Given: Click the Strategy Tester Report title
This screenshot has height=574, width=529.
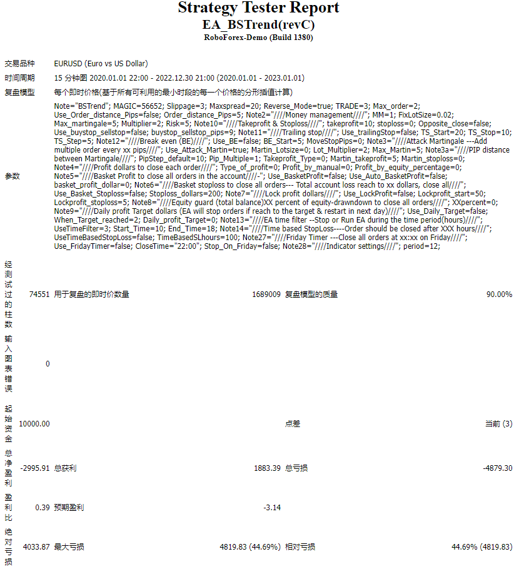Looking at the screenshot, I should (258, 8).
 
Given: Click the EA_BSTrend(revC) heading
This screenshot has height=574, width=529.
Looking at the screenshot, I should (258, 25).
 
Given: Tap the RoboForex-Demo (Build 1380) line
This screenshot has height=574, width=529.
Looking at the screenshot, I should (258, 38).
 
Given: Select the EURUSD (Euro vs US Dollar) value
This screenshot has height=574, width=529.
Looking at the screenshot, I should (101, 64).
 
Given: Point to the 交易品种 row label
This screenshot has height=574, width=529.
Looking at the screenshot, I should (19, 64).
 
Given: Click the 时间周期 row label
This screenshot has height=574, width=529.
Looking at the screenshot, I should (19, 78).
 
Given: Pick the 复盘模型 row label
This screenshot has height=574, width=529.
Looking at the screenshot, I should (19, 93).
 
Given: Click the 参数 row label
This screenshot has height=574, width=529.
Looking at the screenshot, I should (12, 176).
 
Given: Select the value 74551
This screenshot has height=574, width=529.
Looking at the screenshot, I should (39, 295).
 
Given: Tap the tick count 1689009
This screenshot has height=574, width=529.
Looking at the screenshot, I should (266, 295).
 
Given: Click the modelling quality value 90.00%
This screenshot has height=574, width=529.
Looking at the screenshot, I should (499, 295).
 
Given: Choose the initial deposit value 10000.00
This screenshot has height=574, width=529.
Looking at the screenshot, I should (34, 424).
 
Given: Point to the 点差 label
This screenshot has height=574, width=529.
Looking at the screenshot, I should (293, 424).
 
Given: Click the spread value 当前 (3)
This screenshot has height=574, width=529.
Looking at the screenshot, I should (498, 424).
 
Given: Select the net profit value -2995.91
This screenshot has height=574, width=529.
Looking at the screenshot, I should (34, 468).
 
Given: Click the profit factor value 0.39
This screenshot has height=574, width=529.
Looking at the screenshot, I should (43, 508).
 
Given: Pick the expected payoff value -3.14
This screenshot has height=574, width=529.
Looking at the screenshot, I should (272, 508).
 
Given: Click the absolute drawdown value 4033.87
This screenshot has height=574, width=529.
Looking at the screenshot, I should (36, 547).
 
